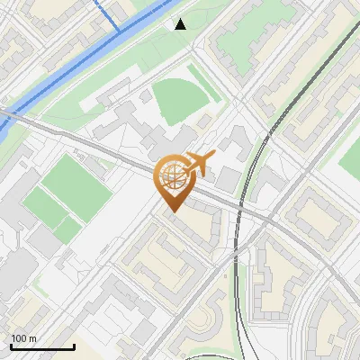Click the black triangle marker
(x=181, y=24)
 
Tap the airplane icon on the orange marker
(x=200, y=165)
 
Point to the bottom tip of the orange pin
(x=173, y=211)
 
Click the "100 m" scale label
(x=23, y=338)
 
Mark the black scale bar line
(x=42, y=346)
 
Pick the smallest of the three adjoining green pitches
(x=67, y=230)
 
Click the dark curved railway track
(x=256, y=162)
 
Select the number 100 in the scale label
(x=19, y=338)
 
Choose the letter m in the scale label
(x=32, y=338)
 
